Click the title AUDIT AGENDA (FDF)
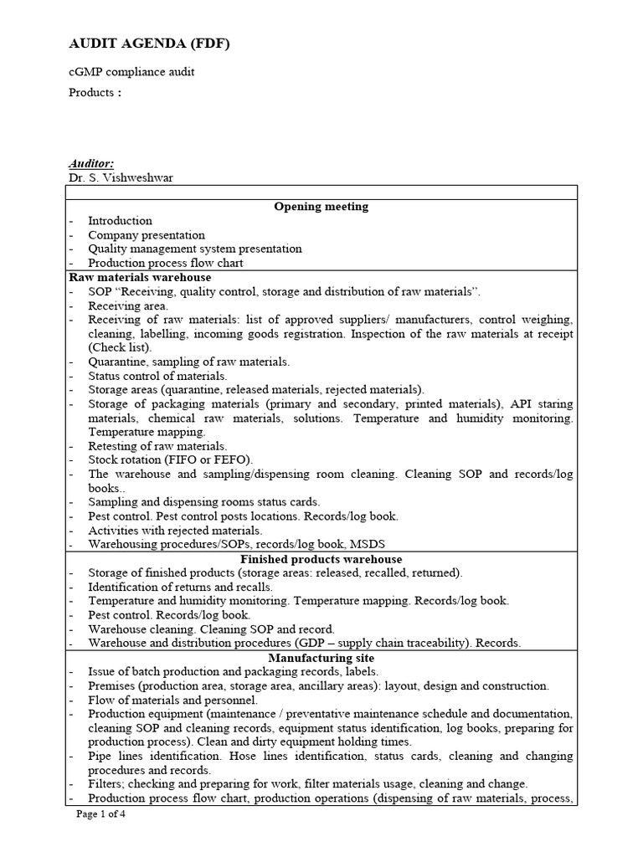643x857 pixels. point(148,44)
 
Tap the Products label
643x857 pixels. point(94,92)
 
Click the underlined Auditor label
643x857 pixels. point(91,164)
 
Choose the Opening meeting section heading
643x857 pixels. point(321,207)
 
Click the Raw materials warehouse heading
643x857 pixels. point(139,277)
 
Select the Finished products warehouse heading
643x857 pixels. point(321,559)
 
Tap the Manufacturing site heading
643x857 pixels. point(321,658)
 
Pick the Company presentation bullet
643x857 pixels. point(147,235)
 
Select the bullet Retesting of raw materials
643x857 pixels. point(157,446)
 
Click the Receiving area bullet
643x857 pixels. point(128,305)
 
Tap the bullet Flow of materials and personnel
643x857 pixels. point(173,700)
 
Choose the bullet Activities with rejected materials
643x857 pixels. point(175,531)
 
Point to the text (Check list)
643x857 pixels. point(120,347)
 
